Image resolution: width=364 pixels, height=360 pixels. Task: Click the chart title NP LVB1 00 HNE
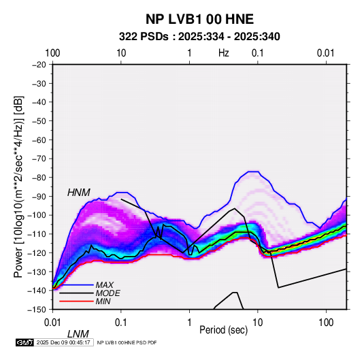tap(199, 19)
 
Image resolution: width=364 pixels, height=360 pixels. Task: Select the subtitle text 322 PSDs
tap(144, 37)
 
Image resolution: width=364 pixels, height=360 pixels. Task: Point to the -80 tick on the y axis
tap(39, 178)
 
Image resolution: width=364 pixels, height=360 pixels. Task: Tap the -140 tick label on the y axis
tap(37, 291)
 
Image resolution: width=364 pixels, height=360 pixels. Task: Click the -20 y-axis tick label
tap(39, 65)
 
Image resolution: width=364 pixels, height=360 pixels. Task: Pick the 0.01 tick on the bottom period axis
tap(52, 323)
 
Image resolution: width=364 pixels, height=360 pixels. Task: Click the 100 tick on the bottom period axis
tap(326, 323)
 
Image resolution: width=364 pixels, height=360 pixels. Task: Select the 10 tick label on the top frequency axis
tap(121, 53)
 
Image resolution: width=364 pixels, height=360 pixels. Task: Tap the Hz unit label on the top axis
tap(224, 53)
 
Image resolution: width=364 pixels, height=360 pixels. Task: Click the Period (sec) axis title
tap(224, 330)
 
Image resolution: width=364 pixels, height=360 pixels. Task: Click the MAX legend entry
tap(105, 285)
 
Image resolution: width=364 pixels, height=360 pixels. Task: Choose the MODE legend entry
tap(108, 293)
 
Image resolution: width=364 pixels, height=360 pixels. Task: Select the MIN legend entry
tap(103, 301)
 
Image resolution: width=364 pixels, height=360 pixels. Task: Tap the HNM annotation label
tap(79, 193)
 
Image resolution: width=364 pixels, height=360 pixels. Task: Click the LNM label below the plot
tap(78, 334)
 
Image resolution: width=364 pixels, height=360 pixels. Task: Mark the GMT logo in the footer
tap(24, 342)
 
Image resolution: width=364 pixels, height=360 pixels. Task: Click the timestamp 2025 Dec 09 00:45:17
tap(63, 342)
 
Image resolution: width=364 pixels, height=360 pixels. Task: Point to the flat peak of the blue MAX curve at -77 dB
tap(253, 171)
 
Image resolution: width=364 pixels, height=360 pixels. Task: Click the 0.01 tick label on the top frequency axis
tap(325, 53)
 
